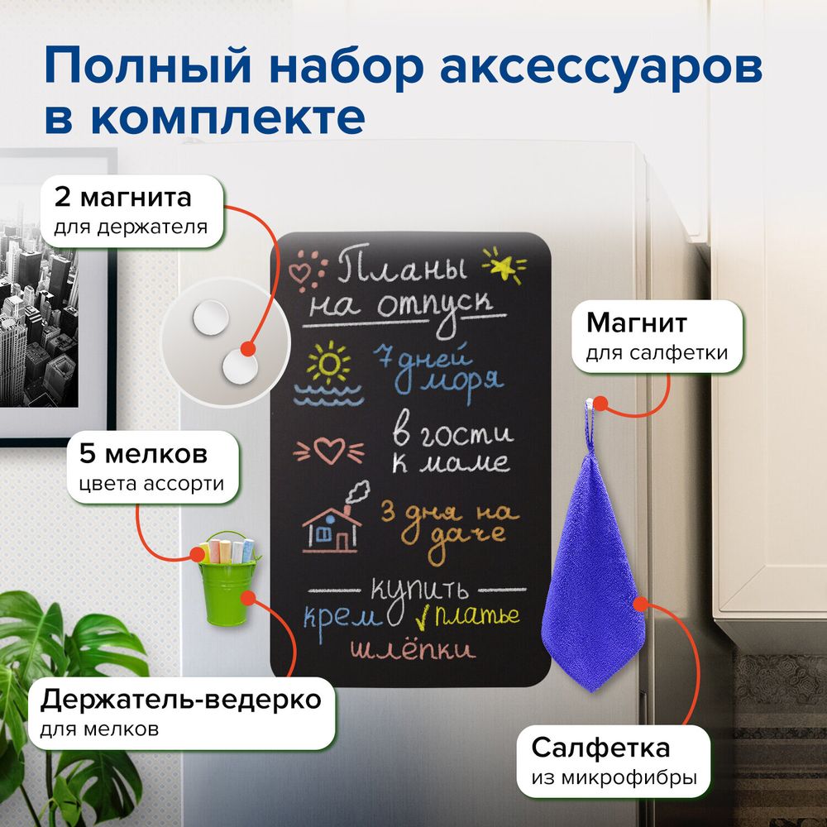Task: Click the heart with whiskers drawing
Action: coord(329,450)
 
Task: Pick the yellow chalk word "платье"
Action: coord(478,615)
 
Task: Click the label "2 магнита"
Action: coord(122,198)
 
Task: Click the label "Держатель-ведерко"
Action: coord(180,700)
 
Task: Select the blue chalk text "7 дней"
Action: coord(421,358)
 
